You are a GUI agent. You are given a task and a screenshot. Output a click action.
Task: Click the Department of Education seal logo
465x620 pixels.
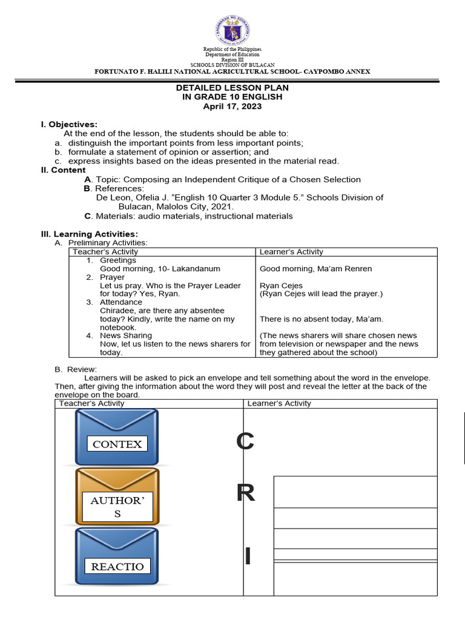[232, 28]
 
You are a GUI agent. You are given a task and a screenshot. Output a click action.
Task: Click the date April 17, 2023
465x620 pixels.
[232, 106]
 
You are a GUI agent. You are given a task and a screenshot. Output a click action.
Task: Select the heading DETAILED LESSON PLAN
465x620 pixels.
[232, 88]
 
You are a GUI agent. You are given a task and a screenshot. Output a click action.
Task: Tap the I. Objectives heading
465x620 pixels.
[69, 124]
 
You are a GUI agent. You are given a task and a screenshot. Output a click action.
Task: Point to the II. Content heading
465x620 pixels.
[64, 170]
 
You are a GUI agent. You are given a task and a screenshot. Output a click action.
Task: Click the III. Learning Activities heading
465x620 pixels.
[89, 234]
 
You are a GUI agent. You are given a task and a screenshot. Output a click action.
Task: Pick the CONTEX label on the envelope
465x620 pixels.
[117, 444]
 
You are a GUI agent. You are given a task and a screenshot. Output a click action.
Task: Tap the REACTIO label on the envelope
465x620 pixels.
[117, 567]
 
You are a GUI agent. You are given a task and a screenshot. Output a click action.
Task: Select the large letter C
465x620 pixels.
[245, 442]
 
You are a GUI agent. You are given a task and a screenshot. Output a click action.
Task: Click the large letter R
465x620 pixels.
[245, 494]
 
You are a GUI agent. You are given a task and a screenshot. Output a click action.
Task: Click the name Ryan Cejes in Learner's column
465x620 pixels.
[281, 286]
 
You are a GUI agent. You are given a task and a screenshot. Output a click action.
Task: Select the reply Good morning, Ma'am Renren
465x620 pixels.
[315, 269]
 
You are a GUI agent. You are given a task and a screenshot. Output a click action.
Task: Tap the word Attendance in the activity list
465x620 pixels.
[121, 302]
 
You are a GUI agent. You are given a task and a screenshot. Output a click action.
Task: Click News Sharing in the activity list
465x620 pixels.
[126, 335]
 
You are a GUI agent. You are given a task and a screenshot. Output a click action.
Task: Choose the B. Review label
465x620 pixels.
[76, 369]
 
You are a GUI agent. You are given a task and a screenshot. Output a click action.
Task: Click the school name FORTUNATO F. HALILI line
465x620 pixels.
[232, 71]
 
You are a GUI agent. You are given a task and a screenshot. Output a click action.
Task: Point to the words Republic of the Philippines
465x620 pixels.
[232, 48]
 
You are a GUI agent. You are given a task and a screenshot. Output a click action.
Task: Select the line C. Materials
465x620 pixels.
[188, 216]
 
